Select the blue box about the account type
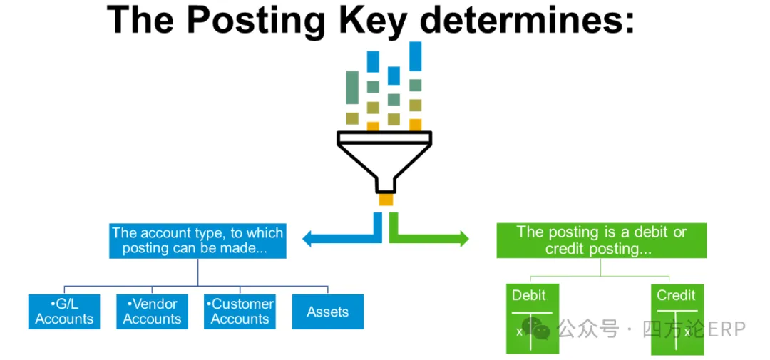click(197, 241)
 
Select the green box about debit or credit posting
click(601, 241)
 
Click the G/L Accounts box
click(64, 312)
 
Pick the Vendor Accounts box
click(153, 312)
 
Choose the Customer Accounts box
click(240, 312)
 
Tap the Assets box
click(328, 312)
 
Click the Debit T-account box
click(533, 319)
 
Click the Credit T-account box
click(677, 319)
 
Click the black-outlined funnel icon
click(384, 162)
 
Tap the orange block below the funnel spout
click(386, 200)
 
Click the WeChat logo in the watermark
click(536, 329)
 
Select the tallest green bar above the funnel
click(352, 88)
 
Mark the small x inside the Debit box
click(519, 332)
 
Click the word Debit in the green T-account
click(528, 295)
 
